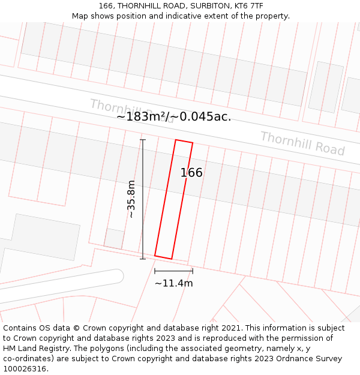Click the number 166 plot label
coord(191,173)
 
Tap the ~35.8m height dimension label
coord(131,199)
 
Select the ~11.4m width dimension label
coord(173,283)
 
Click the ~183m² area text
coord(142,117)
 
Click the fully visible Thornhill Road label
coord(302,143)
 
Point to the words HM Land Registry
coord(36,349)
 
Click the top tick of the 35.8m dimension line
coord(143,140)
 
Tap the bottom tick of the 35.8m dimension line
coord(143,259)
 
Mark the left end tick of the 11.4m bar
coord(155,271)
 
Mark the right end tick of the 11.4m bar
coord(193,271)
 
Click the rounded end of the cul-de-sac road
coord(118,276)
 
